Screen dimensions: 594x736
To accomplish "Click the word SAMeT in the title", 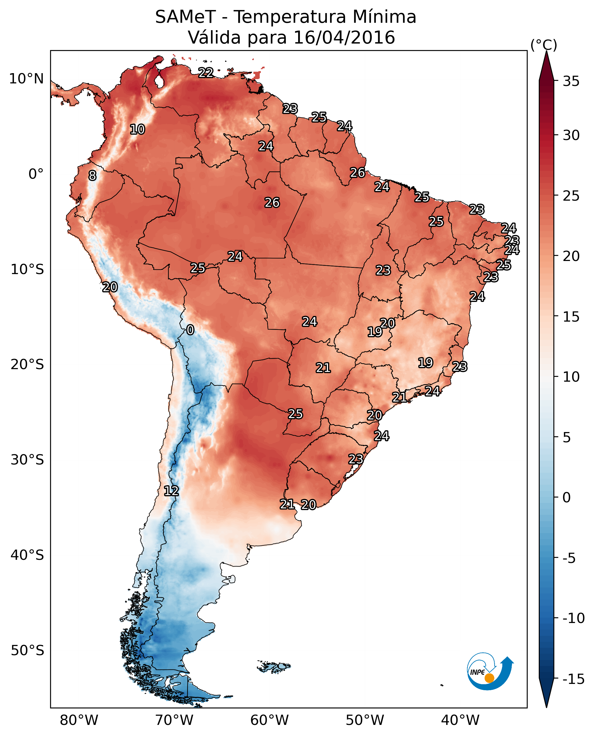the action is (x=185, y=17).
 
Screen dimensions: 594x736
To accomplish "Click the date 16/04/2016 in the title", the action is (x=344, y=37).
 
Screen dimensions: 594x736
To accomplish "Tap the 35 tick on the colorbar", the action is (x=571, y=81).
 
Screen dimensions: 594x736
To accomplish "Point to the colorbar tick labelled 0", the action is (x=567, y=497).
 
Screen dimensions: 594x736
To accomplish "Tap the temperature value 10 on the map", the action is (x=138, y=129).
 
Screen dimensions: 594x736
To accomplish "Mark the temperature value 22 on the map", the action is (x=206, y=73).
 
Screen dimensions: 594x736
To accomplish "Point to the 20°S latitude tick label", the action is (x=27, y=365).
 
